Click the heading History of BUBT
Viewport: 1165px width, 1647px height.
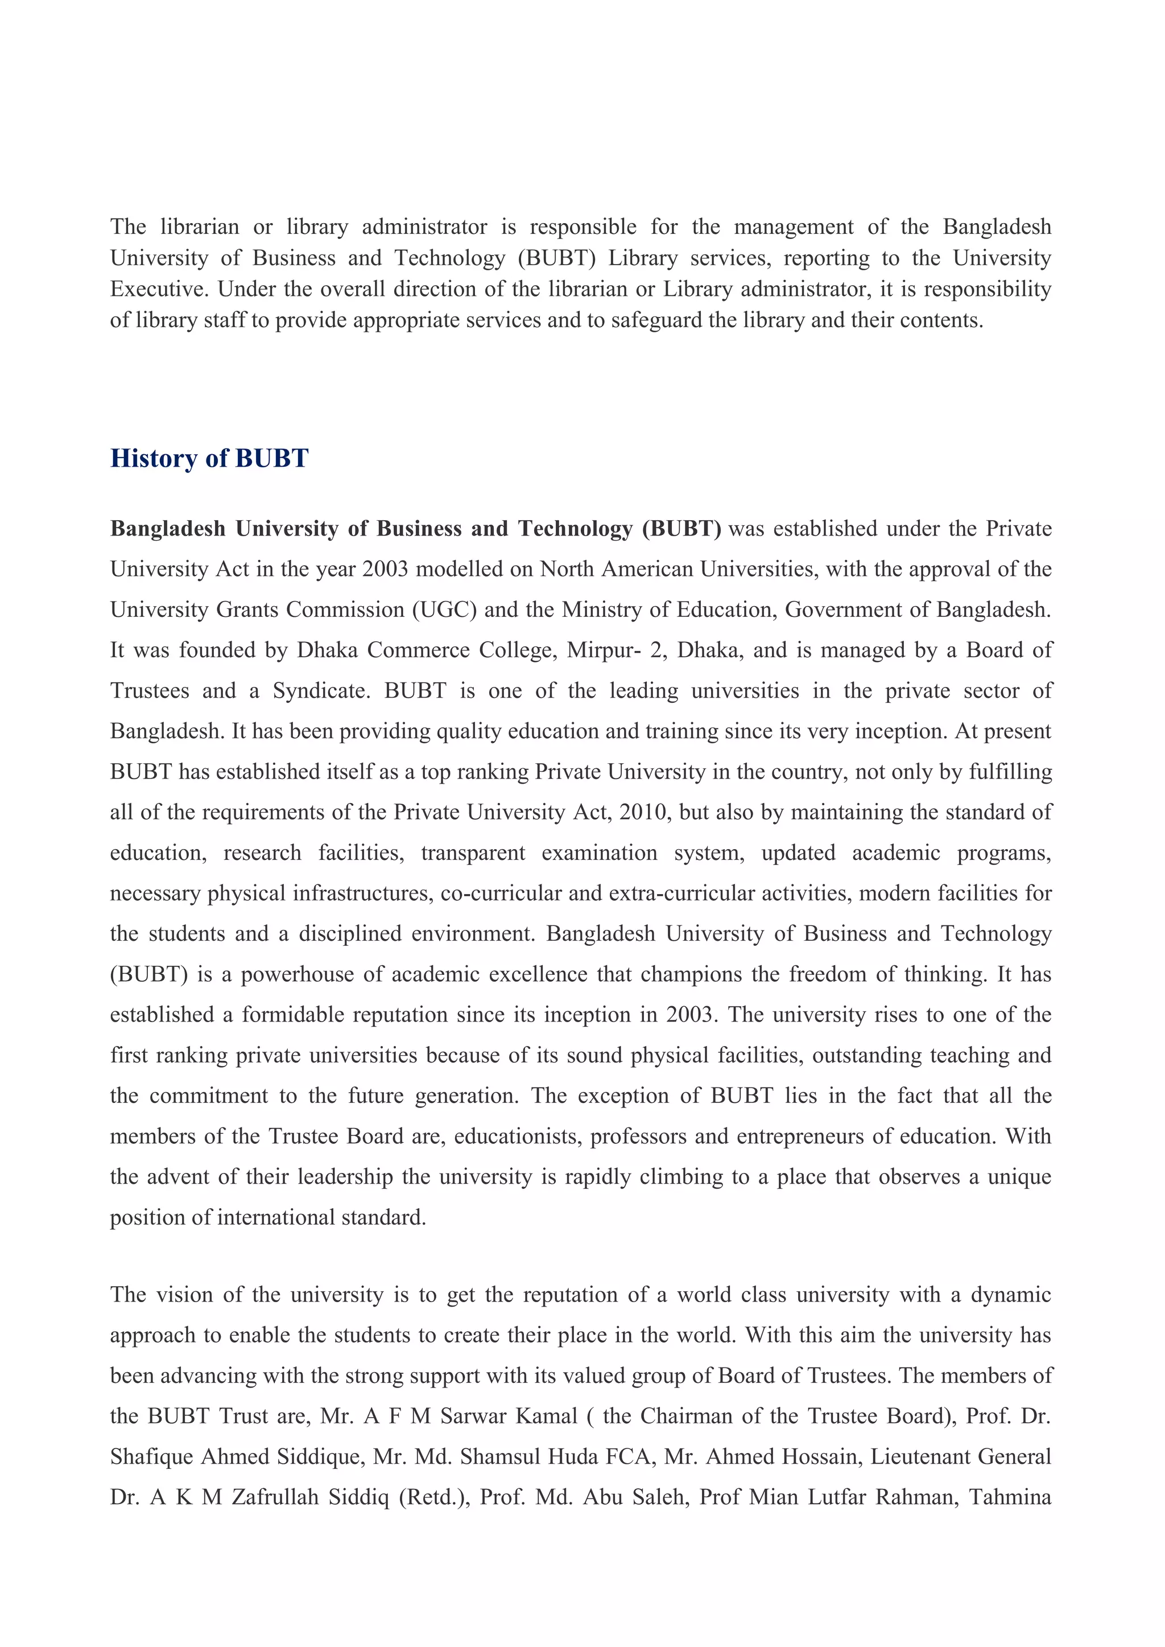point(209,458)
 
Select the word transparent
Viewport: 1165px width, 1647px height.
point(473,853)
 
